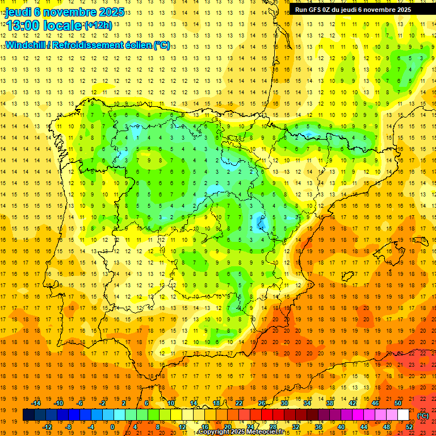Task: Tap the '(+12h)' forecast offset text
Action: [98, 26]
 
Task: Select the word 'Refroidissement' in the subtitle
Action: [92, 45]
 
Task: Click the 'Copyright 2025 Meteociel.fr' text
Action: [241, 432]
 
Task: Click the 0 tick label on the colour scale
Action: [112, 427]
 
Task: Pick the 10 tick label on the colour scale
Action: [170, 403]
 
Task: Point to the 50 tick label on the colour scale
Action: [398, 403]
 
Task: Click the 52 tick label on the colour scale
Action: [409, 427]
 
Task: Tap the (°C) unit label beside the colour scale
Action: [422, 416]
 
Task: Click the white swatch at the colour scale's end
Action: [403, 415]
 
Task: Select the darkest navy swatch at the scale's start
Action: [28, 415]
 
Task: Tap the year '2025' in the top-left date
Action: [99, 11]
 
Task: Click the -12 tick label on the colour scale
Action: [47, 427]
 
